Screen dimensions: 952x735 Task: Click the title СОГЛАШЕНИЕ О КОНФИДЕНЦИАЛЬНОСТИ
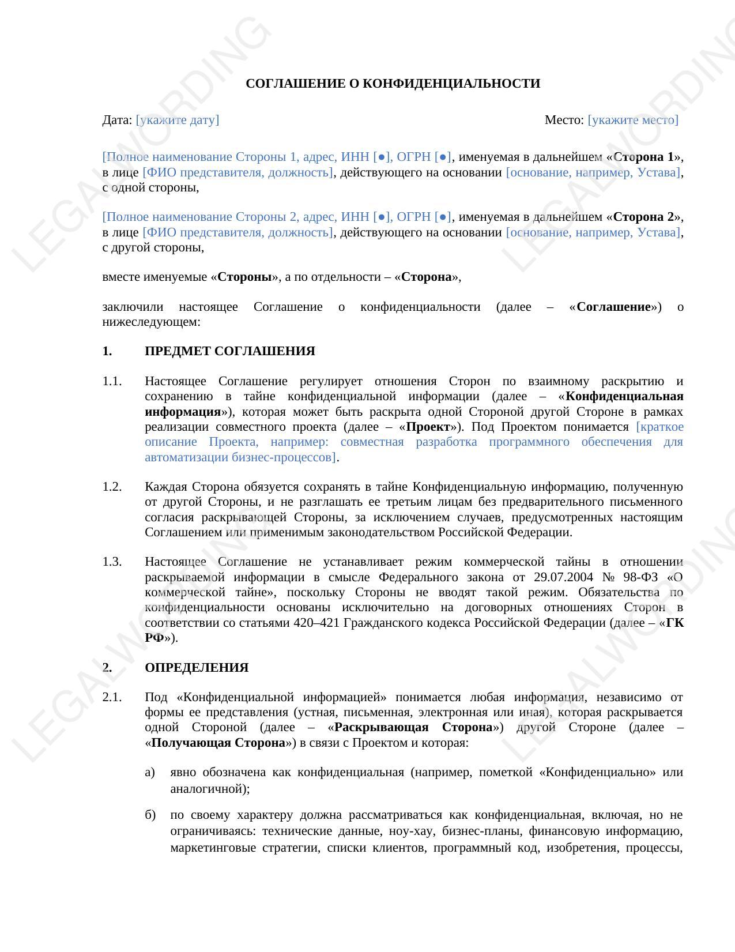click(393, 84)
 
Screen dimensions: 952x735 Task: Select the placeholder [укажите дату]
click(178, 120)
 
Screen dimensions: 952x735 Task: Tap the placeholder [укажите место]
click(633, 120)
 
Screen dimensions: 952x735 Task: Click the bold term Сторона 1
click(643, 157)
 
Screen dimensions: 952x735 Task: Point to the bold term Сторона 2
click(643, 217)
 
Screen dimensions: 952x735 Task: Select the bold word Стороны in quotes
click(244, 277)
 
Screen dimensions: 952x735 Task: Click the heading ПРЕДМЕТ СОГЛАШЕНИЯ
click(229, 351)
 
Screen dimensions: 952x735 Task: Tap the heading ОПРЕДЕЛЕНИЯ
click(197, 668)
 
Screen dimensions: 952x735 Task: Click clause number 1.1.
click(112, 381)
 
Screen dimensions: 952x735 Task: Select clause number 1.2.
click(112, 487)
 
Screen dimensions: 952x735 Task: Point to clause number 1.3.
click(112, 562)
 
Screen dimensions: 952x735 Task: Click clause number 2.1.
click(112, 697)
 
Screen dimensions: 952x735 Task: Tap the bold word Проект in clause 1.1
click(428, 427)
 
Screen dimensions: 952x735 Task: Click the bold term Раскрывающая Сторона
click(413, 727)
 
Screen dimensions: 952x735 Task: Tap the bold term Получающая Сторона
click(218, 743)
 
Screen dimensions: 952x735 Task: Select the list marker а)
click(150, 772)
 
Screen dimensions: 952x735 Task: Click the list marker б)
click(150, 815)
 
